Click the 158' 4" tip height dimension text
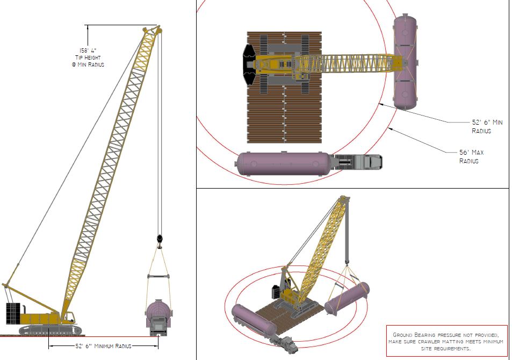[88, 57]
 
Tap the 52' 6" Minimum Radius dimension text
[103, 346]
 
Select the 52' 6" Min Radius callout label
[487, 126]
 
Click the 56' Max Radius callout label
[471, 156]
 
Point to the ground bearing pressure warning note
[446, 341]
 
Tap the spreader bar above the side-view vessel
[158, 276]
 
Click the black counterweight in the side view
[13, 314]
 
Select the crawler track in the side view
[50, 330]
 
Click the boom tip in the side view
[153, 31]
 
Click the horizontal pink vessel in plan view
[284, 163]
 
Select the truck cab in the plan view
[372, 162]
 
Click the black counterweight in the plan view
[249, 64]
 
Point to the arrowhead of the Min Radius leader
[380, 104]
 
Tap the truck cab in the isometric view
[290, 344]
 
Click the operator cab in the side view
[69, 316]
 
